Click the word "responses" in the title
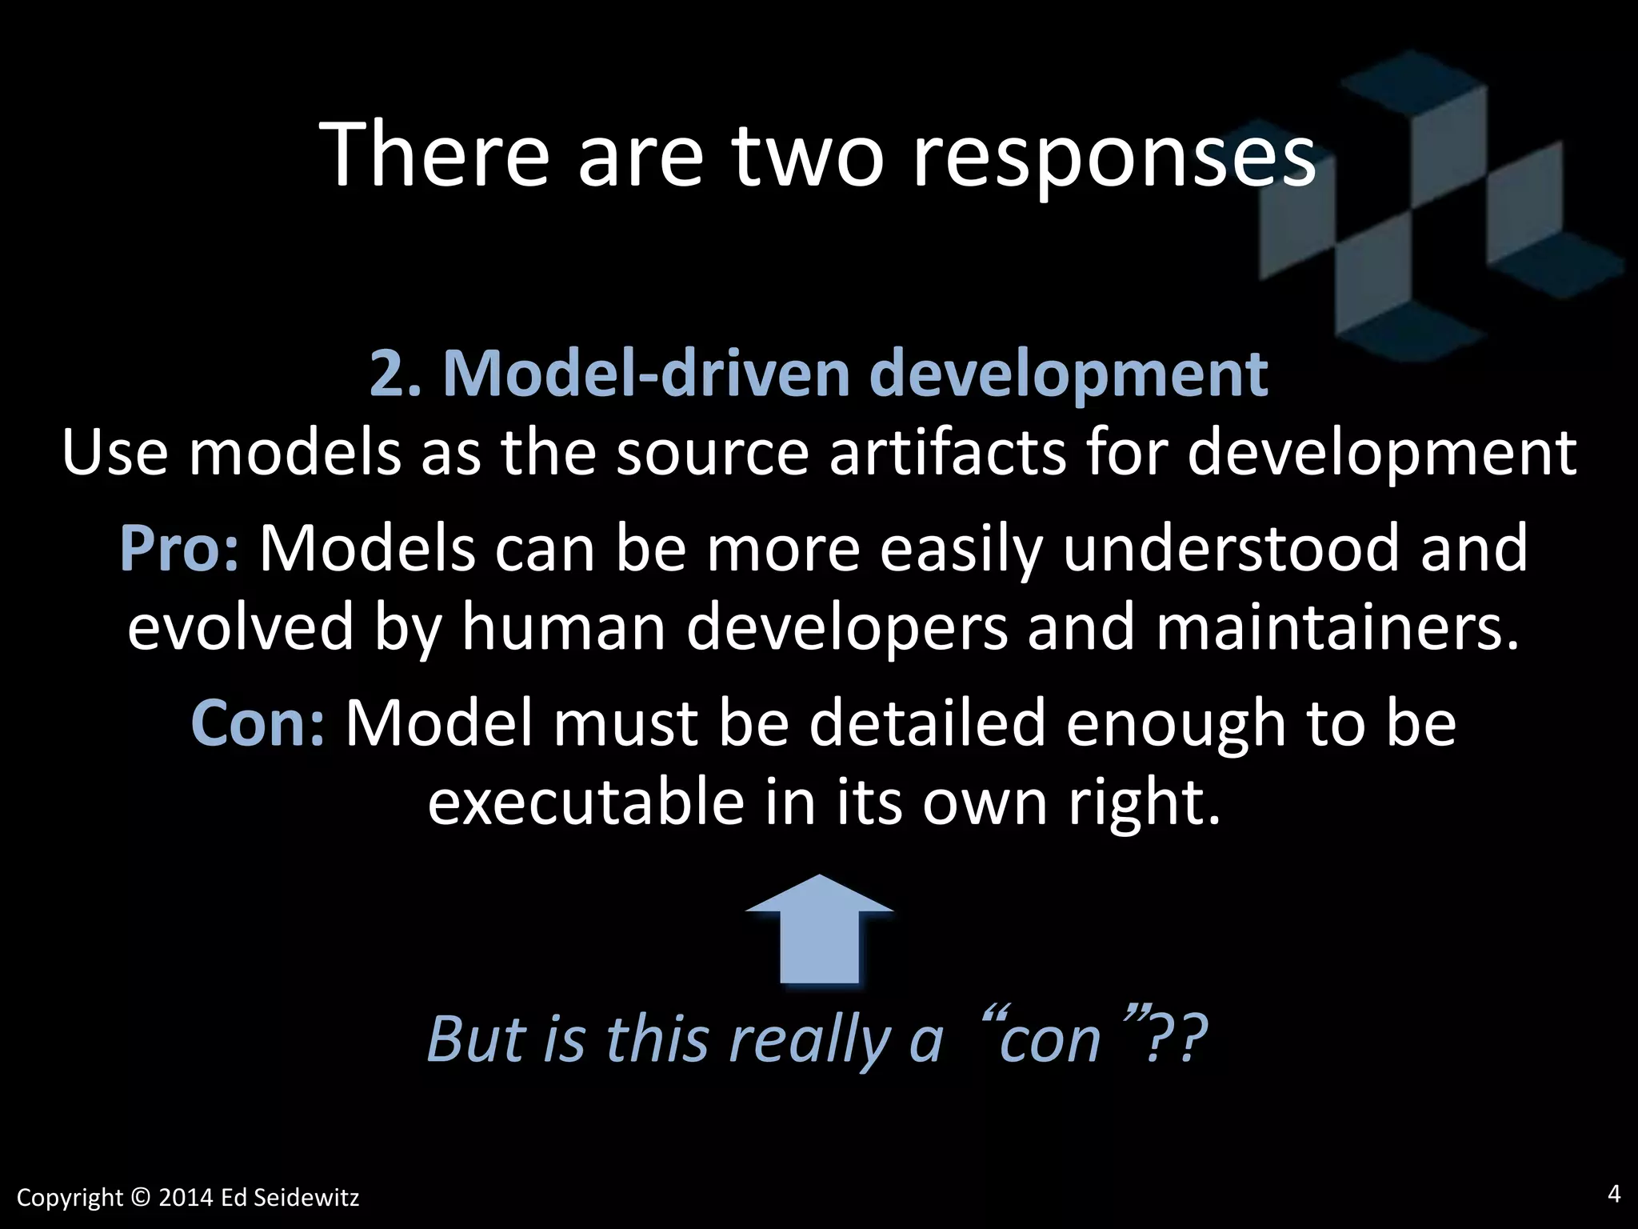(x=1113, y=156)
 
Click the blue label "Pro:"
(x=178, y=548)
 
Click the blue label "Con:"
(x=258, y=723)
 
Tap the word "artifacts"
(x=947, y=452)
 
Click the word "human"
(x=564, y=627)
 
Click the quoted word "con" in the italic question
(x=1050, y=1039)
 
